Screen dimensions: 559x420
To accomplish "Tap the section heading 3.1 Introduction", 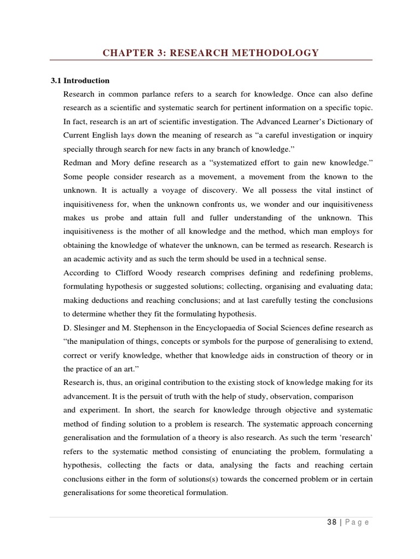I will (x=80, y=80).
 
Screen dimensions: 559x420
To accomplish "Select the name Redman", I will (x=78, y=162).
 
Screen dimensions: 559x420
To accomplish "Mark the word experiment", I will (x=102, y=409).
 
